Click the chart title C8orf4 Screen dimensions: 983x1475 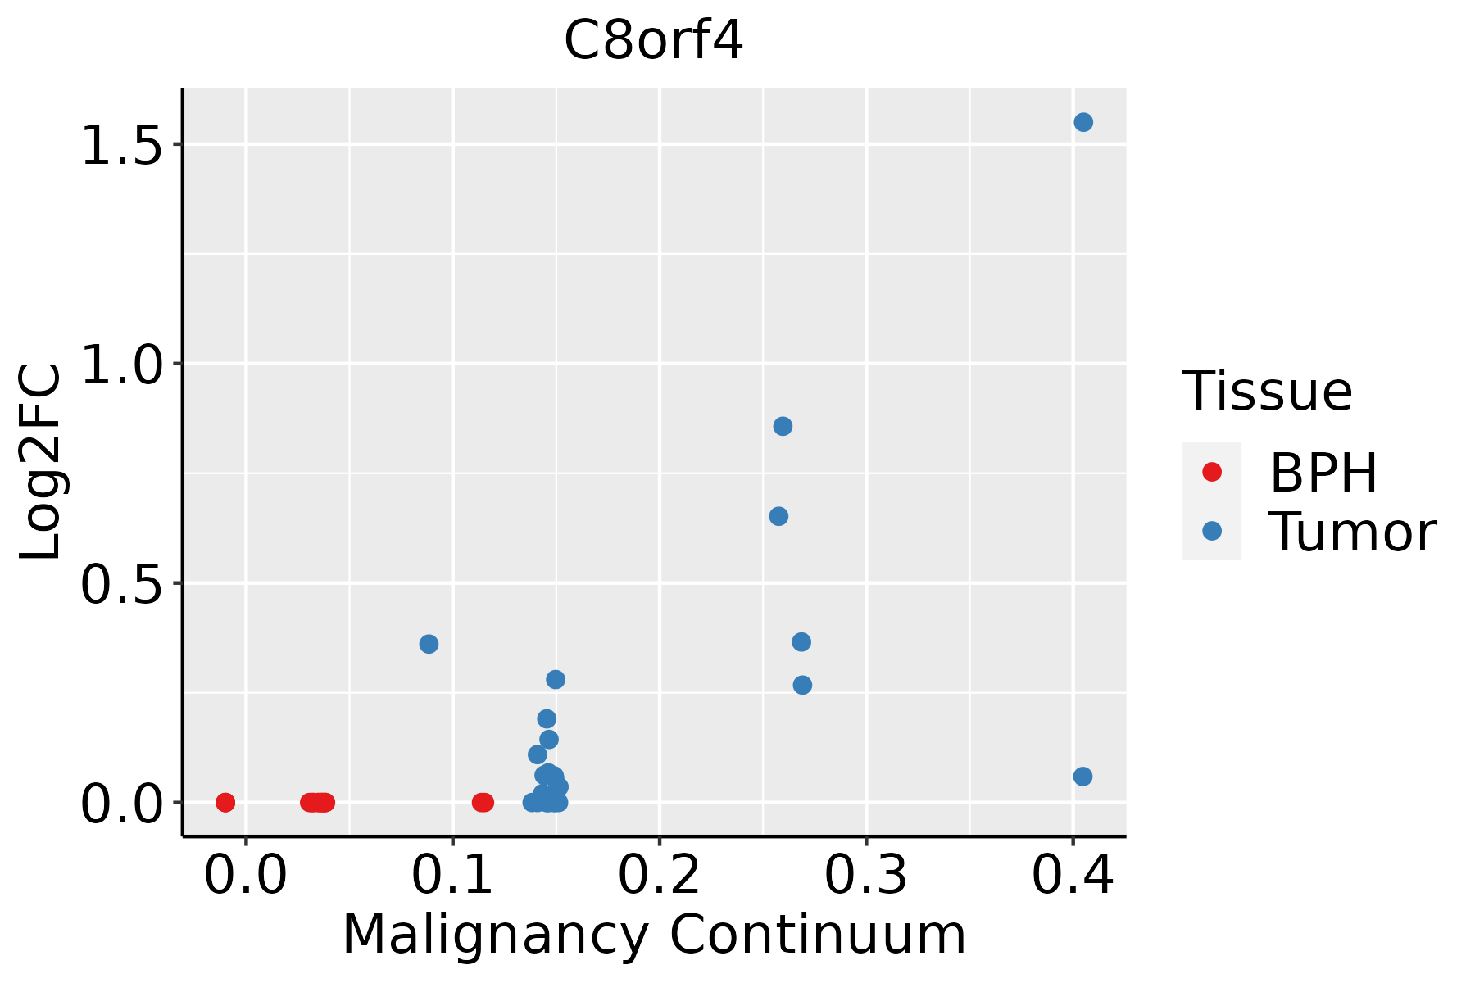point(653,41)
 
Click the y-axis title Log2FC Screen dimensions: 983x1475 point(41,463)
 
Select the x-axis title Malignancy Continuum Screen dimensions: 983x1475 point(653,935)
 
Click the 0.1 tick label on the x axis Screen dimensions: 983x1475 point(452,876)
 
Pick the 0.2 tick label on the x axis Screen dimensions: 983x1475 point(659,876)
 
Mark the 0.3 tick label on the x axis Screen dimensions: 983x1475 point(865,876)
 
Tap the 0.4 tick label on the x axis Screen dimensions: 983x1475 point(1072,876)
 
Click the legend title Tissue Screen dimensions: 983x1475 point(1267,392)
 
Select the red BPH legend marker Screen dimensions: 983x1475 point(1211,472)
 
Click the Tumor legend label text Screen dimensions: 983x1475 point(1352,532)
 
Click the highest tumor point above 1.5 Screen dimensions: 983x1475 point(1083,122)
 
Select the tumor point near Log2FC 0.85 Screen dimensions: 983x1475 point(783,426)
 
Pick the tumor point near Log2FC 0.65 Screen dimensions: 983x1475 point(778,516)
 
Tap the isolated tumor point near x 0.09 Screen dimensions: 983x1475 point(429,644)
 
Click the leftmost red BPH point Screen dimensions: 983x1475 point(225,802)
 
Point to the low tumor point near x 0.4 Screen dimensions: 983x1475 point(1082,776)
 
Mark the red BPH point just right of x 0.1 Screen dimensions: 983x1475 point(483,802)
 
